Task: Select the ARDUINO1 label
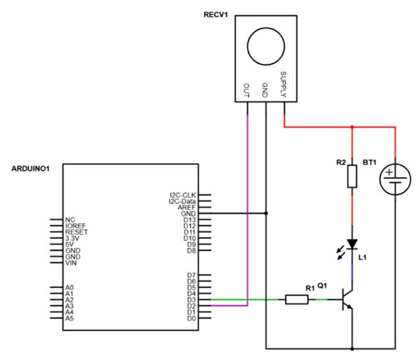(33, 169)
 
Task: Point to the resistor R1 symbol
(297, 300)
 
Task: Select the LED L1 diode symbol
(352, 244)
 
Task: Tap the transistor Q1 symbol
(348, 300)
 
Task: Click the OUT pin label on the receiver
(246, 89)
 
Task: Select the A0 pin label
(69, 287)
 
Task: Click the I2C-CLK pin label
(183, 194)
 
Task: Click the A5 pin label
(69, 318)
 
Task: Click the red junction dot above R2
(352, 128)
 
